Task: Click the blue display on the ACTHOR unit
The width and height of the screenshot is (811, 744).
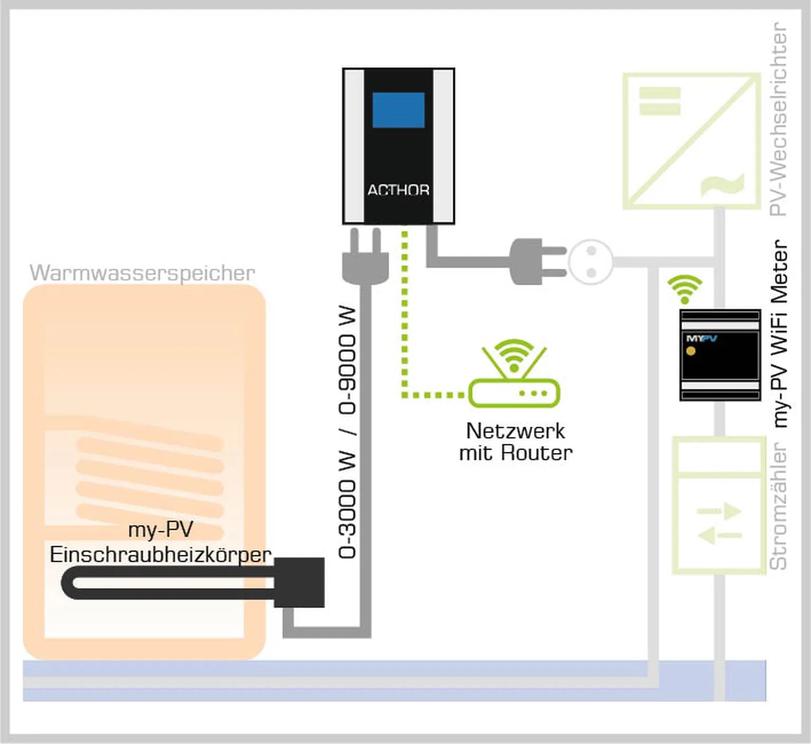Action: (x=398, y=110)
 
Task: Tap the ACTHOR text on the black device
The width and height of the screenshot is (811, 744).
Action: (x=398, y=190)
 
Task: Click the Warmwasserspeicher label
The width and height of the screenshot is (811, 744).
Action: (x=142, y=273)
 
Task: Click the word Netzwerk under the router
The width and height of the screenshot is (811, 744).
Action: (x=515, y=431)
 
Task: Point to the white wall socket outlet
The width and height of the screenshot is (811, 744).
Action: (x=591, y=262)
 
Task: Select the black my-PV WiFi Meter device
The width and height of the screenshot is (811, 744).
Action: (x=720, y=355)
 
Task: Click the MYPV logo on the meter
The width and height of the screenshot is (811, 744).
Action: (x=701, y=338)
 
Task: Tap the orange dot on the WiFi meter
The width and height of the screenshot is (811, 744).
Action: (x=691, y=351)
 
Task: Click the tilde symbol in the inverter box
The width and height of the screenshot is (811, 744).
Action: (x=722, y=184)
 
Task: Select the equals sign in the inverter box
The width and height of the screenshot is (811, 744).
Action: (x=659, y=101)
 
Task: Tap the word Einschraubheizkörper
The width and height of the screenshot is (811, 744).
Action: (x=161, y=554)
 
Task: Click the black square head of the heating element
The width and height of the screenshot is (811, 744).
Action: (x=299, y=582)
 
